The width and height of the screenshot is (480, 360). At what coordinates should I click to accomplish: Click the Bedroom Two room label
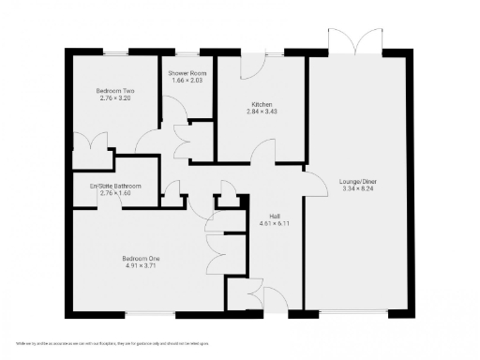(x=115, y=91)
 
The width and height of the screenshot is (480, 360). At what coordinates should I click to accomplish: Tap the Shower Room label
(x=187, y=72)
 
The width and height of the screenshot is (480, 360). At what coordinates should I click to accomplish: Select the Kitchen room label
(x=262, y=103)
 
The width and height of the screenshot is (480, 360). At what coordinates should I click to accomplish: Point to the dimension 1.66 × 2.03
(x=187, y=80)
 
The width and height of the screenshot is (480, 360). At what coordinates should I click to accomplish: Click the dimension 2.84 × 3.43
(x=262, y=111)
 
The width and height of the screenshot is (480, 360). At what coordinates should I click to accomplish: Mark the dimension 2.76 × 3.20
(x=115, y=98)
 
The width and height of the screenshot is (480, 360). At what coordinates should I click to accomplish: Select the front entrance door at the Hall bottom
(x=266, y=298)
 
